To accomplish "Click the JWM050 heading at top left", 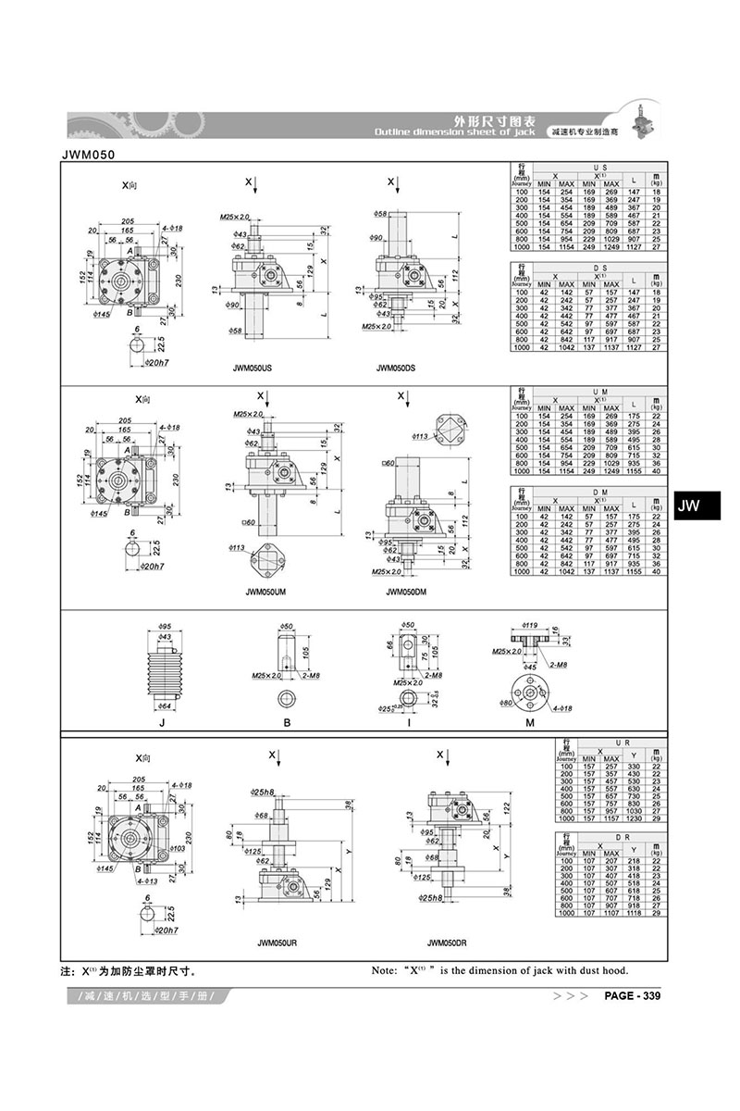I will pos(89,155).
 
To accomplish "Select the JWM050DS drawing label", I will pos(396,368).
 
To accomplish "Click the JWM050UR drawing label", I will pos(277,942).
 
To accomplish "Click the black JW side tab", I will pos(690,506).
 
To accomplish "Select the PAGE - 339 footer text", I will pos(632,996).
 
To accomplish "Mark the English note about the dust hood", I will pos(499,970).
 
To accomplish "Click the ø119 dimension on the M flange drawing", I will pos(530,625).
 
